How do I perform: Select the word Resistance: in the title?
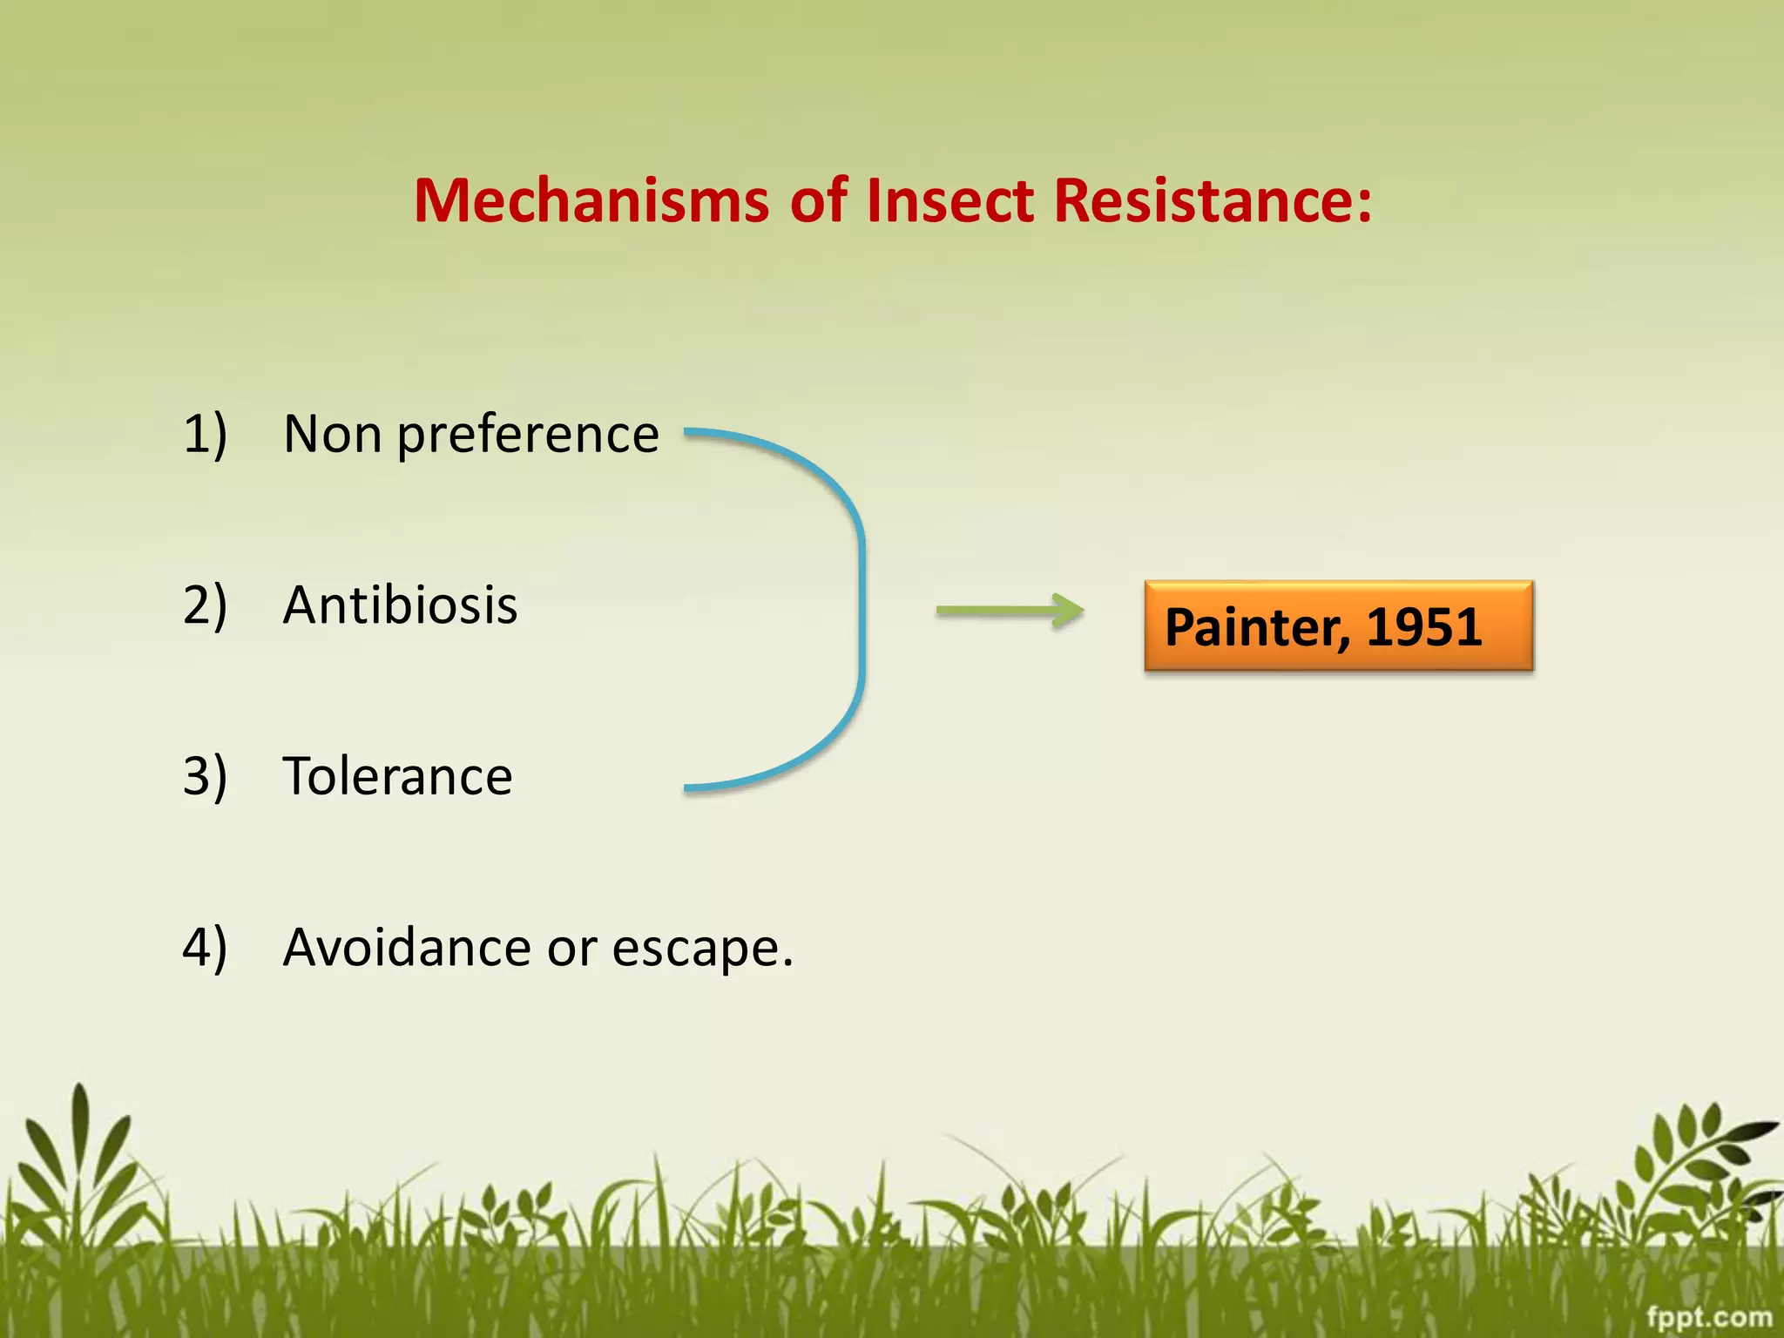pyautogui.click(x=1213, y=201)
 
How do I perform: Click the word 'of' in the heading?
pyautogui.click(x=818, y=201)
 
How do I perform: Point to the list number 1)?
pyautogui.click(x=205, y=434)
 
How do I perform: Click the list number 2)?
pyautogui.click(x=205, y=605)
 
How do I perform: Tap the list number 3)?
pyautogui.click(x=205, y=776)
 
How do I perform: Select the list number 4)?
pyautogui.click(x=205, y=947)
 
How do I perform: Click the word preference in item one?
pyautogui.click(x=528, y=436)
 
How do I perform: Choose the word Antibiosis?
pyautogui.click(x=400, y=605)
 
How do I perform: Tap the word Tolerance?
pyautogui.click(x=397, y=776)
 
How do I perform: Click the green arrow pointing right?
pyautogui.click(x=1010, y=611)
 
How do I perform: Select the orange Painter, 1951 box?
pyautogui.click(x=1338, y=625)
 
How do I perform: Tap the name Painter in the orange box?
pyautogui.click(x=1257, y=627)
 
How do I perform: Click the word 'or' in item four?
pyautogui.click(x=571, y=949)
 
